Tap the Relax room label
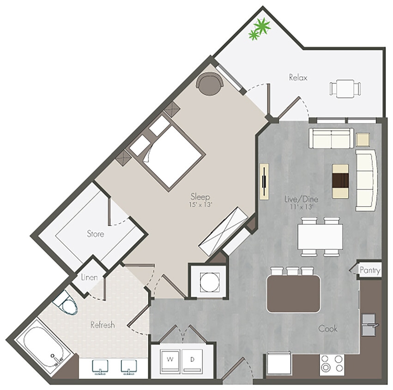pos(298,77)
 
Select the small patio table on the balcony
pos(345,89)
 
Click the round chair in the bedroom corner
pos(209,85)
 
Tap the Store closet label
pos(96,234)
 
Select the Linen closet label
pos(89,278)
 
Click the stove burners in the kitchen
pos(332,364)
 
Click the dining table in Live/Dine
pos(320,236)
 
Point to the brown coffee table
pos(341,181)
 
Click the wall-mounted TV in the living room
pos(264,181)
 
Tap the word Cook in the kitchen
pos(327,329)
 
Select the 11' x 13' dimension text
pos(301,207)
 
